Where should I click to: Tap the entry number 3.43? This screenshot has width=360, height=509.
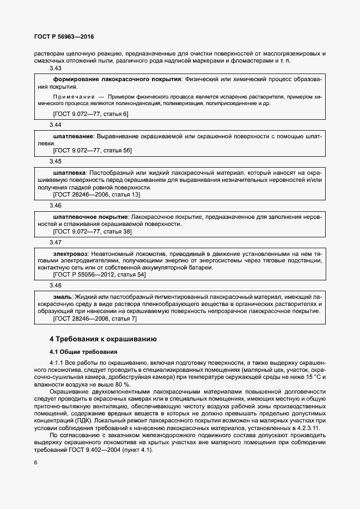click(56, 69)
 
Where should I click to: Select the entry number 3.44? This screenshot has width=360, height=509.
click(56, 125)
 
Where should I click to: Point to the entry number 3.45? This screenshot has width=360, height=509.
click(56, 162)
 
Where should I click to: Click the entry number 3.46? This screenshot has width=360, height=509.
click(56, 206)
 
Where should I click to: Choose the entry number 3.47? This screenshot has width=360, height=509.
click(56, 242)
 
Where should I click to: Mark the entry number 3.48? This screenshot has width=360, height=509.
click(56, 285)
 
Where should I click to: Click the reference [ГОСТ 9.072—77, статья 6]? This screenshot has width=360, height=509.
click(90, 114)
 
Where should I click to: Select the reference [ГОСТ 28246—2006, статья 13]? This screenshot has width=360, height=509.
click(96, 194)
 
